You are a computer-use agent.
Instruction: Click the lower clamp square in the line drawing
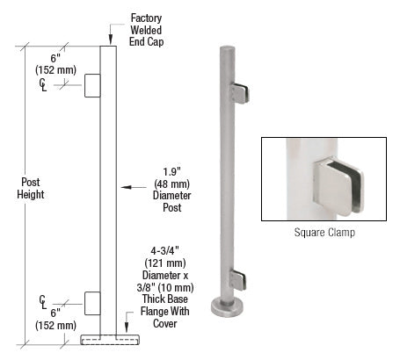click(x=92, y=302)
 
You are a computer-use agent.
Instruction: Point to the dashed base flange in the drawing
click(x=109, y=338)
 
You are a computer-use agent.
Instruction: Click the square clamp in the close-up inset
click(x=337, y=185)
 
